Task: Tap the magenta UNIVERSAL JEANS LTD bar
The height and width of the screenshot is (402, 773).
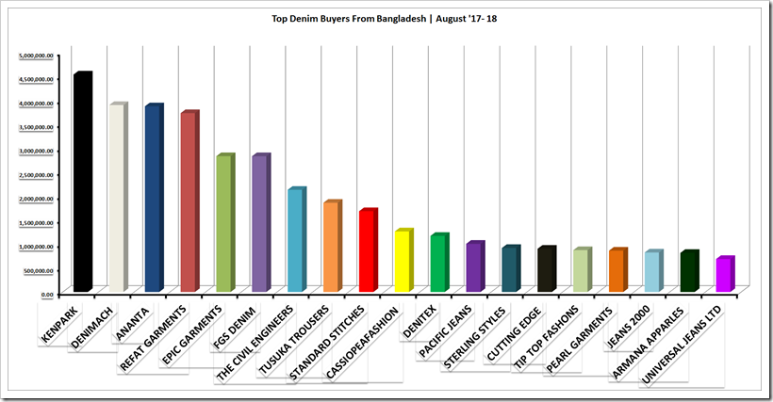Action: point(723,275)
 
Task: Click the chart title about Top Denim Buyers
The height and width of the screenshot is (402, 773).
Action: point(386,19)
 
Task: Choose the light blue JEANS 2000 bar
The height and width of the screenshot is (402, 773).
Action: point(651,272)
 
